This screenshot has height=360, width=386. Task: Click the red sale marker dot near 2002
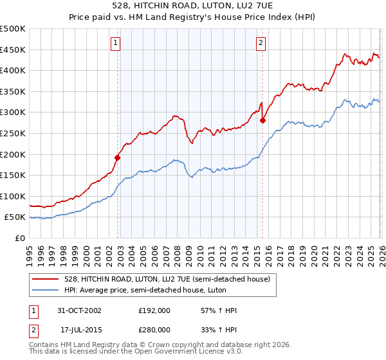coord(118,157)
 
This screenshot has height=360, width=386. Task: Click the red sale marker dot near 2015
coord(262,120)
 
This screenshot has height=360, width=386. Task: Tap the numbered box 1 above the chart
coord(115,43)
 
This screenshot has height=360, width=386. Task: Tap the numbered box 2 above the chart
coord(261,43)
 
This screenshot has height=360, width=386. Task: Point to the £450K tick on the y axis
coord(13,50)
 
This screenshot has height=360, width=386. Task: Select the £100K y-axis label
coord(13,196)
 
